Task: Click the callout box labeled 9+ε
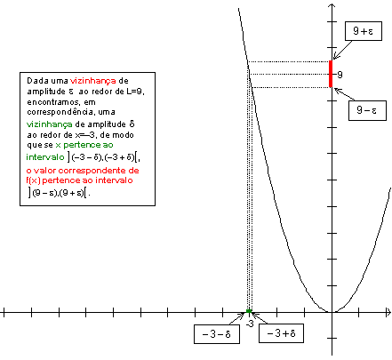coord(364,31)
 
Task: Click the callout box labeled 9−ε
coord(367,110)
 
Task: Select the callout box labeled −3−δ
coord(217,334)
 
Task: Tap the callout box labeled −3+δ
coord(281,333)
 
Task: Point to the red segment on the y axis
coord(331,74)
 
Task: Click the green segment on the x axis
coord(249,311)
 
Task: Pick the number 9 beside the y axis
coord(340,75)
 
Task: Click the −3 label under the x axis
coord(250,324)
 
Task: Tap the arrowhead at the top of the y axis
coord(332,6)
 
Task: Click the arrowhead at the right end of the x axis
coord(388,312)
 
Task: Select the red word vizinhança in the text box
coord(92,81)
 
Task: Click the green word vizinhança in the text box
coord(49,124)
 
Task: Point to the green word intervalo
coord(45,157)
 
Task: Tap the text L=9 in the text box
coord(135,92)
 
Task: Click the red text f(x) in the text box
coord(33,180)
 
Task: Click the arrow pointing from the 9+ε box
coord(342,50)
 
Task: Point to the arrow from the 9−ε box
coord(344,94)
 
